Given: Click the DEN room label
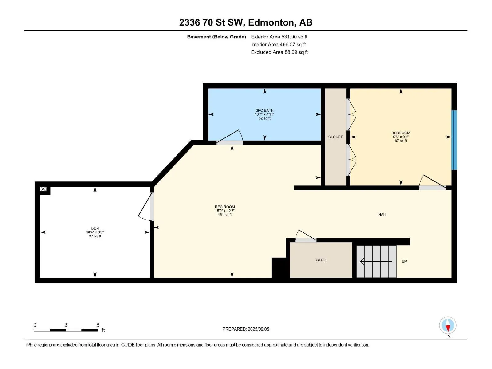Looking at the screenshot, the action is (95, 228).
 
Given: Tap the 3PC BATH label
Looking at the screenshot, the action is (264, 110).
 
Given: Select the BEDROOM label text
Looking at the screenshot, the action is (401, 133).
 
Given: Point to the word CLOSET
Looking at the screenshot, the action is (335, 137).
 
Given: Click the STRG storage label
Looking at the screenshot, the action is (321, 260).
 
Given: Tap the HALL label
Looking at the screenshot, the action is (383, 215).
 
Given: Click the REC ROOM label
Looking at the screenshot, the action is (225, 207).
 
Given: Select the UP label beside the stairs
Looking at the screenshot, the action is (404, 261).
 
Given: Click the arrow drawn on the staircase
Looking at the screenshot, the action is (376, 261).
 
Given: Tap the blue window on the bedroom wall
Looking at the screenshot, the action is (454, 140).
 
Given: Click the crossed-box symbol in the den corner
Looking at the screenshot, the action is (43, 189).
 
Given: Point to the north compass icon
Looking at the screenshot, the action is (448, 325).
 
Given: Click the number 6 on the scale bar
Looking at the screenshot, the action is (98, 325).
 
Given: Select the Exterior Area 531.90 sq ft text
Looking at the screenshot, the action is (279, 37).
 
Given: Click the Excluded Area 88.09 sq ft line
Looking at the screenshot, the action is (279, 52).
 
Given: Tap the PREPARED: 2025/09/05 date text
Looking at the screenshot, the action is (246, 329).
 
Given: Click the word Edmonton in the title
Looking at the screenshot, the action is (271, 23).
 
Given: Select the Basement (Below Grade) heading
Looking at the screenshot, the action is (216, 37).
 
